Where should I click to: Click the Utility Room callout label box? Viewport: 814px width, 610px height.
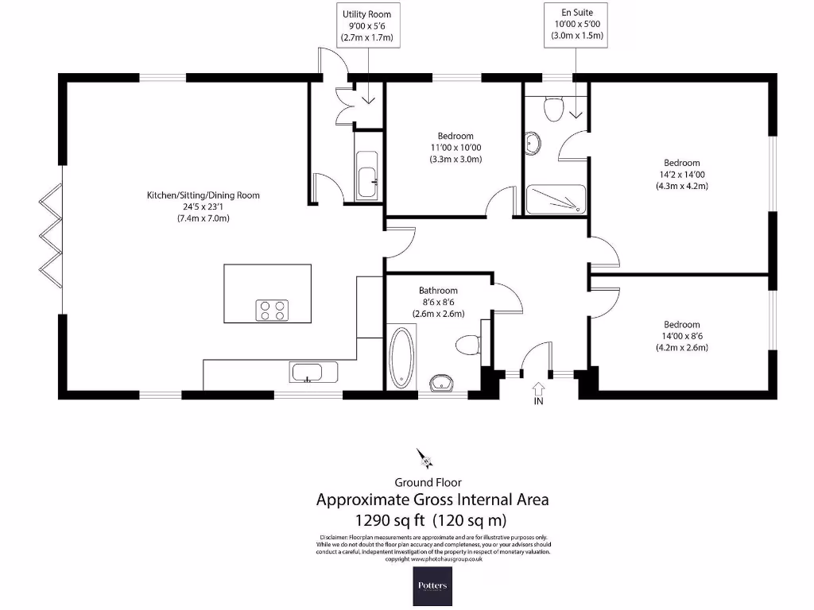click(366, 25)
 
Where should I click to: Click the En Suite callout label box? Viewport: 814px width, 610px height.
click(578, 23)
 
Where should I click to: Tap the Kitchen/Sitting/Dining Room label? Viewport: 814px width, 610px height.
click(203, 195)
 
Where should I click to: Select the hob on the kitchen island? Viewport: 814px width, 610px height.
click(272, 310)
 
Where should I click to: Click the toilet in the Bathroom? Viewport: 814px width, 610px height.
click(469, 345)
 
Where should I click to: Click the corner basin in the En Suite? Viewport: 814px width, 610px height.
click(533, 144)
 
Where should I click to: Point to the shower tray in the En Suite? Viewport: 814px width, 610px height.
click(556, 199)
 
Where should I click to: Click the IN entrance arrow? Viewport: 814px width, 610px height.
click(538, 389)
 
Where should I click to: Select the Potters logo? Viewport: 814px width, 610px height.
click(432, 586)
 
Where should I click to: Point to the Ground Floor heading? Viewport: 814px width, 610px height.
click(428, 482)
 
